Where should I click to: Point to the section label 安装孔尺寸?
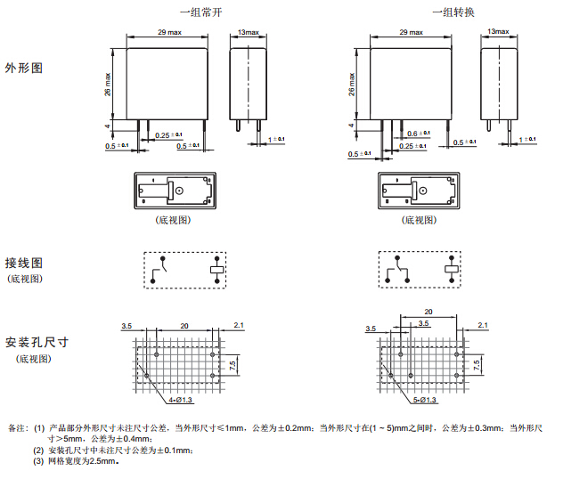point(37,342)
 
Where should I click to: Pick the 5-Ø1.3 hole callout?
point(426,401)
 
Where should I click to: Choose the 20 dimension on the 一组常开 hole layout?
point(184,327)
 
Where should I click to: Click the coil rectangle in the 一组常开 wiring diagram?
point(216,268)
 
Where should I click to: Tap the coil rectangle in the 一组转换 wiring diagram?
point(453,268)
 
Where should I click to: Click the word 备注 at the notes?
point(17,428)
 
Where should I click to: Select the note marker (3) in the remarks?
point(38,460)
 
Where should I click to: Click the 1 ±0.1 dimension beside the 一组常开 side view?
point(276,140)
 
